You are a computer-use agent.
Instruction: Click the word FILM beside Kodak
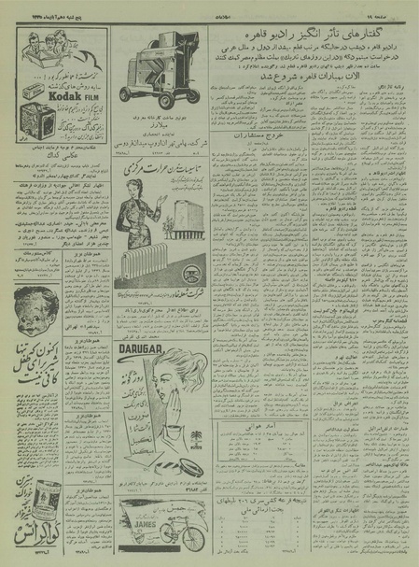[98, 92]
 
